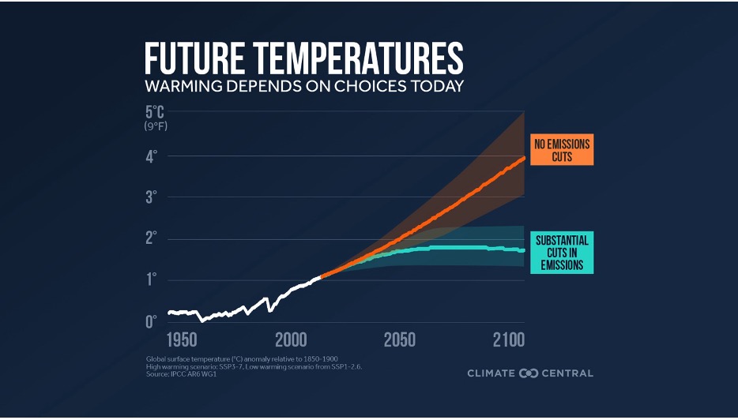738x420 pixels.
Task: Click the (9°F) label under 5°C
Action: point(156,126)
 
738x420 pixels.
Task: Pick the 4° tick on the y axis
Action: point(150,156)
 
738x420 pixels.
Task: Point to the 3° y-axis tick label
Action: point(150,197)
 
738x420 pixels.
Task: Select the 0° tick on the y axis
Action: point(150,321)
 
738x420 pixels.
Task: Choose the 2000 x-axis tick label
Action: point(291,340)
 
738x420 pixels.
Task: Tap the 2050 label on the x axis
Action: point(400,340)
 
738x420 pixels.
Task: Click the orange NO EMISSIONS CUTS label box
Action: point(562,150)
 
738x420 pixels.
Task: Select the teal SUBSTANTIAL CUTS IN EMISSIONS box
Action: point(562,252)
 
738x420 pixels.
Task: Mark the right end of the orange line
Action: point(524,159)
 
